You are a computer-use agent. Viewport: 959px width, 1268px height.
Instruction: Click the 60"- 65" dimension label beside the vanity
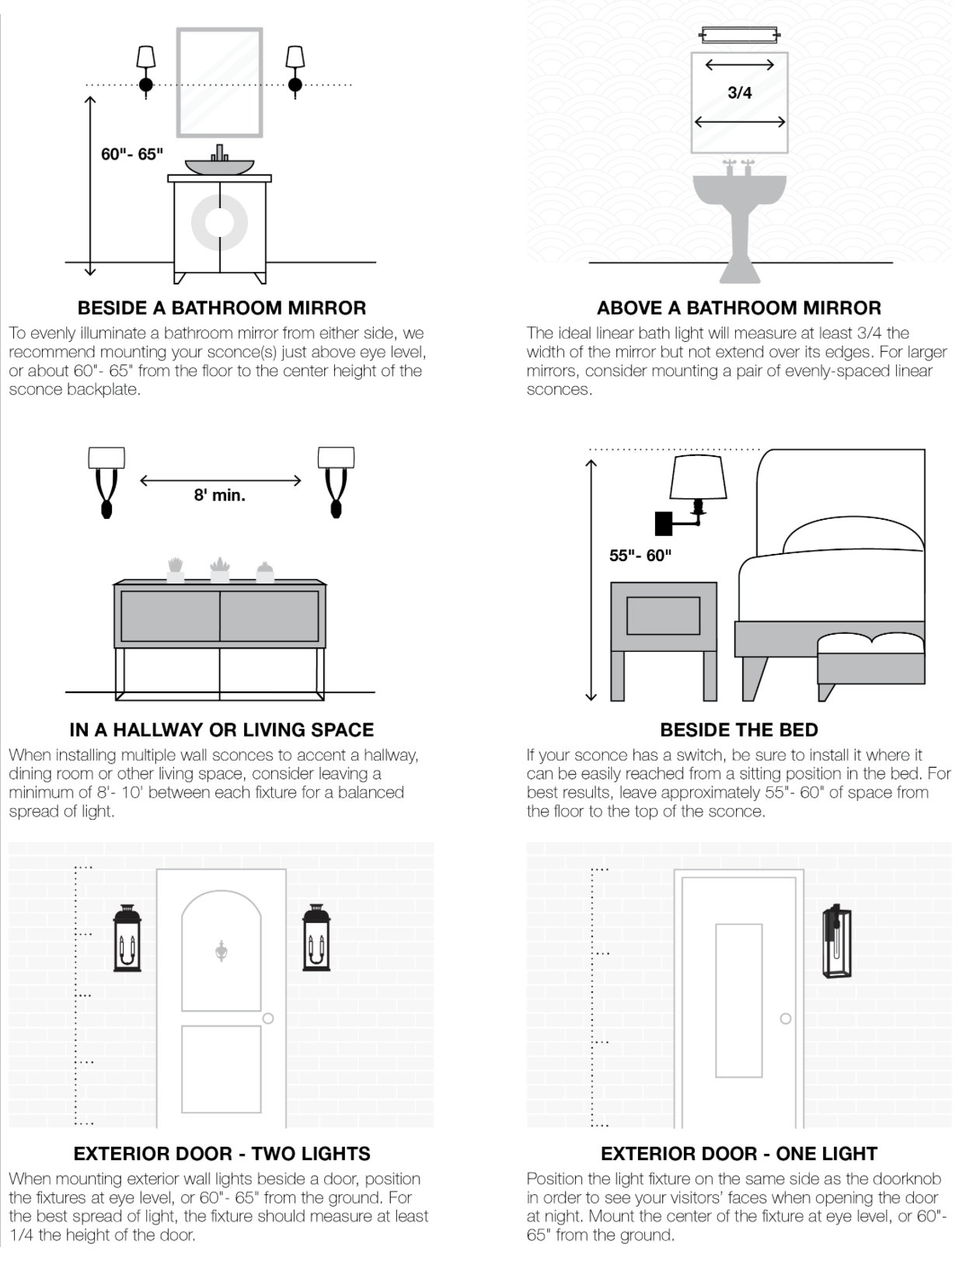point(131,154)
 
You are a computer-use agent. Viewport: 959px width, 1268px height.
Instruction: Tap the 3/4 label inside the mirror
point(739,92)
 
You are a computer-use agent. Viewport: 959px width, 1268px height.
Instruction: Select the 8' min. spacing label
point(219,495)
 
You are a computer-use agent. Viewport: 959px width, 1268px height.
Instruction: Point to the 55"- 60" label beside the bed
point(640,555)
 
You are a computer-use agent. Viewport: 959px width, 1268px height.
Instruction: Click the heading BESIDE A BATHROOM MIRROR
point(221,308)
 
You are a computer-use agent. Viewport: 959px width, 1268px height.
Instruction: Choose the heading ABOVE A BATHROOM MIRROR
point(738,308)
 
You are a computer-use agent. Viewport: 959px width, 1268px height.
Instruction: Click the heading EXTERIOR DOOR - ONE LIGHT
point(738,1153)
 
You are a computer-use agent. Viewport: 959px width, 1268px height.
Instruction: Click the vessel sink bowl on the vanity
point(219,166)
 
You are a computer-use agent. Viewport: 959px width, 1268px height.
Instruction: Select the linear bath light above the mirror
point(739,34)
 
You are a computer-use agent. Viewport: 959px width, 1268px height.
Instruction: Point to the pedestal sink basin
point(739,190)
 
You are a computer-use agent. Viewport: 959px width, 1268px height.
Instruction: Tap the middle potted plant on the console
point(220,570)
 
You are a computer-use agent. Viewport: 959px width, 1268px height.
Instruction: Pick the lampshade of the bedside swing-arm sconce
point(698,476)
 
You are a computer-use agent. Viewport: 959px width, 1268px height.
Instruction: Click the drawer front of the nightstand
point(663,615)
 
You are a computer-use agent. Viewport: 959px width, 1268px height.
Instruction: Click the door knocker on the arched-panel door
point(221,950)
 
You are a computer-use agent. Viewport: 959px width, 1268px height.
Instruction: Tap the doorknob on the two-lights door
point(268,1018)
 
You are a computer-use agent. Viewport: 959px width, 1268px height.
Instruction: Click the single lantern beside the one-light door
point(836,942)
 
